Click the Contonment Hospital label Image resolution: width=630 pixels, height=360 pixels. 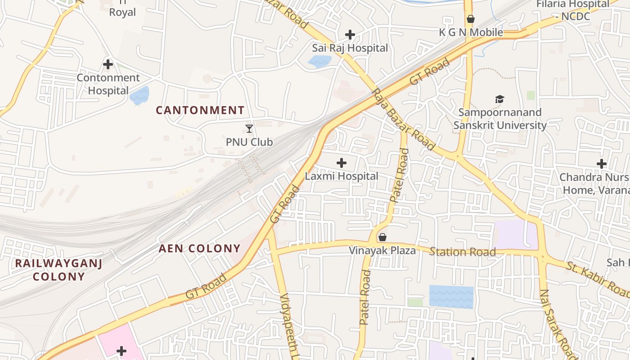pyautogui.click(x=108, y=84)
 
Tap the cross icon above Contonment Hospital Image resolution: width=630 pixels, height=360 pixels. pyautogui.click(x=108, y=64)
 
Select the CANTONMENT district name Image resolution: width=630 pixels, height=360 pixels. pyautogui.click(x=200, y=110)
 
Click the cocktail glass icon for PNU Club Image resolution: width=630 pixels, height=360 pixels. pyautogui.click(x=249, y=129)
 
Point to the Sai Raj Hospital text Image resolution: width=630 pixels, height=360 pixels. pyautogui.click(x=350, y=48)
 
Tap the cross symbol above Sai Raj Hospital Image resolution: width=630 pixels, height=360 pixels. pyautogui.click(x=350, y=35)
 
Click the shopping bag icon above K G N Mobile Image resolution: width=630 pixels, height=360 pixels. pyautogui.click(x=471, y=19)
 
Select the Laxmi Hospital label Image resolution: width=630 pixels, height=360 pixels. pyautogui.click(x=342, y=176)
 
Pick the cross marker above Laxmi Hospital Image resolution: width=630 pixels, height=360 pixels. pyautogui.click(x=342, y=163)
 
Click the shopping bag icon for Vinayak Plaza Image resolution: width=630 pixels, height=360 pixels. pyautogui.click(x=382, y=237)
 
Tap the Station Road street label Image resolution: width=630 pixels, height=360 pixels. pyautogui.click(x=462, y=252)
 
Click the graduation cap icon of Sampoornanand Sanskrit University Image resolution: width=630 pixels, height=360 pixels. pyautogui.click(x=499, y=99)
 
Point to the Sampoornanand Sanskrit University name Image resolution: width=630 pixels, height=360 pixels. pyautogui.click(x=499, y=119)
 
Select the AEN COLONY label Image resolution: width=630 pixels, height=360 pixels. pyautogui.click(x=200, y=248)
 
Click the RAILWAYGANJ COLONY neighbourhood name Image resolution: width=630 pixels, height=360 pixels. pyautogui.click(x=59, y=270)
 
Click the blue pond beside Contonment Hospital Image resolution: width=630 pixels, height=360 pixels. pyautogui.click(x=139, y=95)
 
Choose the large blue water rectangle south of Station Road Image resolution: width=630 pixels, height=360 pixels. pyautogui.click(x=451, y=297)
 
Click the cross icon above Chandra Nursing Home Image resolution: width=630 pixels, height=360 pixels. pyautogui.click(x=602, y=164)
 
